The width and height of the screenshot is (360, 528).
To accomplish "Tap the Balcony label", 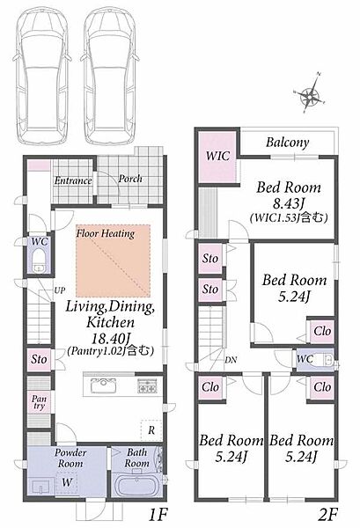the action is click(287, 143).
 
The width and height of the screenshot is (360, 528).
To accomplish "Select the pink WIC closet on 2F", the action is click(217, 157).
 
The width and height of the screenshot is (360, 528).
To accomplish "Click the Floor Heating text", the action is click(106, 233).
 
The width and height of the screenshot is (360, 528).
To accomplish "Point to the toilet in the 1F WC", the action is click(40, 261).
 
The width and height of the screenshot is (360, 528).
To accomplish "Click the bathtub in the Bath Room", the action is click(136, 484).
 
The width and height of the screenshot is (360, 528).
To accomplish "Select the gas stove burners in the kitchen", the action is click(147, 386).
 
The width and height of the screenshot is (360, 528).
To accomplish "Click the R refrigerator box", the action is click(151, 430).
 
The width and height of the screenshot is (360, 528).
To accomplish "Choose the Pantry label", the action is click(39, 402).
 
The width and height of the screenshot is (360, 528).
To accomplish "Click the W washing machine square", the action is click(67, 482).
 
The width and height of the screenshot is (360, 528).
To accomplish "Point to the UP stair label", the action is click(60, 290).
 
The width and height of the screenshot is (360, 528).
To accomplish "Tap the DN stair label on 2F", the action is click(231, 360).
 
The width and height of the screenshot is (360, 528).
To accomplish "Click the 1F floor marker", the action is click(158, 514).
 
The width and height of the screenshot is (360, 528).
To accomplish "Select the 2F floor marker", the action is click(327, 514).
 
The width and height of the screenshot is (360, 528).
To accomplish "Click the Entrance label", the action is click(73, 180).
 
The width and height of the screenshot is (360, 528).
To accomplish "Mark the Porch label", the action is click(130, 179).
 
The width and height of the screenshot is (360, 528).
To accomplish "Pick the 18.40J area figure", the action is click(111, 337).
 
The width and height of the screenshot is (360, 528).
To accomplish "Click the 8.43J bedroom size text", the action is click(289, 203).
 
